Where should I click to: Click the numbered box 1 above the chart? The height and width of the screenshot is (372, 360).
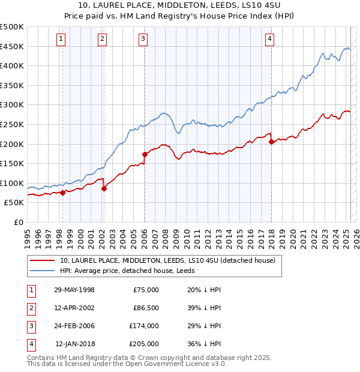pos(62,40)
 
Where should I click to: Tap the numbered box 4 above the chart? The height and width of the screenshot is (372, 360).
pos(270,40)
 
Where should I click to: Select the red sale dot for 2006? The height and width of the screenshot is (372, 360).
pos(145,154)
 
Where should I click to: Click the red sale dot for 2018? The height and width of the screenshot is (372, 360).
pos(271,142)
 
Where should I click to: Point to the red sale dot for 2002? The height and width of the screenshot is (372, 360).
pos(104,188)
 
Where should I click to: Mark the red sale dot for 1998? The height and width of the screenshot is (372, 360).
pos(62,193)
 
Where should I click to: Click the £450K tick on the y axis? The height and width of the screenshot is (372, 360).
pos(13,46)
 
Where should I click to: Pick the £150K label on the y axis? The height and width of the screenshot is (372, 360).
pos(13,163)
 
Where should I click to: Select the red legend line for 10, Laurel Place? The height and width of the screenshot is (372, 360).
pos(41,260)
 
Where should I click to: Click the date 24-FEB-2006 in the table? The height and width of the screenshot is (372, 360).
pos(74,326)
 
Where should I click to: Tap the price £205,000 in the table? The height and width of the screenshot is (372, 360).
pos(145,344)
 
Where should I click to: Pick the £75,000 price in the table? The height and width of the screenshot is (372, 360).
pos(145,290)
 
